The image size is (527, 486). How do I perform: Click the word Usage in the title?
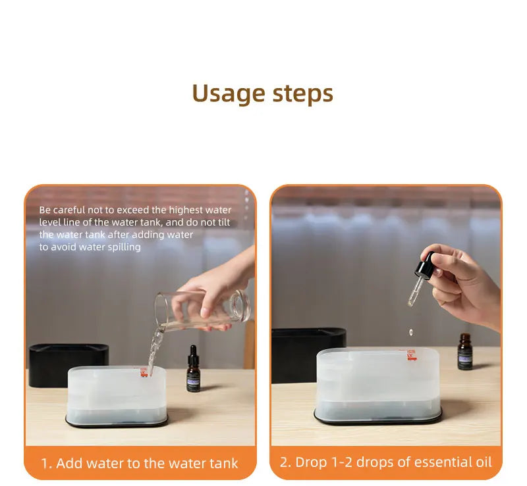coord(228,93)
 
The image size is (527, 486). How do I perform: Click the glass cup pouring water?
coord(201,310)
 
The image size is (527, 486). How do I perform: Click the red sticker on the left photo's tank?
coord(144,372)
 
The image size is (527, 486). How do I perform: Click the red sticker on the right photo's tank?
coord(411,354)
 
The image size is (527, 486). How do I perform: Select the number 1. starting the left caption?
coord(46,463)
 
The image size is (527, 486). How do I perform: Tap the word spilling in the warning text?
coord(123,247)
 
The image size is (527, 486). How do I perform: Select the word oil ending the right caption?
coord(482,462)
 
